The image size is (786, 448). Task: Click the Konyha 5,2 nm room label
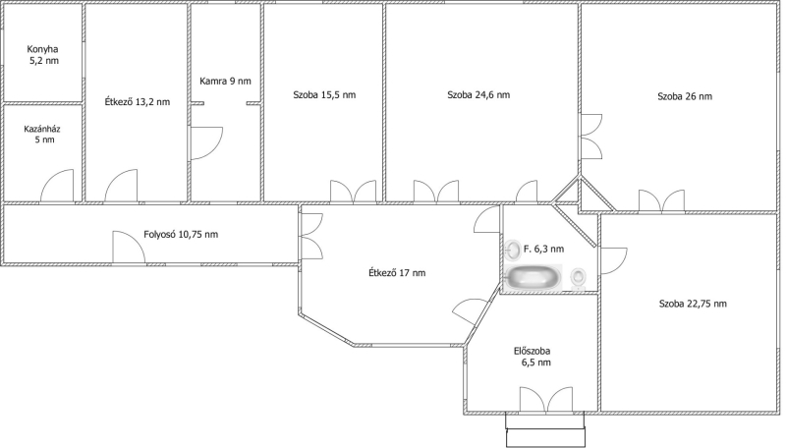(42, 55)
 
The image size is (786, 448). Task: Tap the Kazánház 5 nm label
(42, 134)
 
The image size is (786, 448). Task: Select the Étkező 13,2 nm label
(137, 102)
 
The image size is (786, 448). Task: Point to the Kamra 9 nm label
(225, 81)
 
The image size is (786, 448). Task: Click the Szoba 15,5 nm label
(324, 94)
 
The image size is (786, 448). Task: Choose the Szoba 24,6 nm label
(478, 94)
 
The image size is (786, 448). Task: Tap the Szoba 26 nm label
(685, 96)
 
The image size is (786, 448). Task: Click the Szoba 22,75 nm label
(693, 304)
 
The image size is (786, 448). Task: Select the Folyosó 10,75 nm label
(181, 234)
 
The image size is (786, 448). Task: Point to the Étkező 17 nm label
(397, 272)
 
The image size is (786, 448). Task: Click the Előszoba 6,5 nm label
(533, 357)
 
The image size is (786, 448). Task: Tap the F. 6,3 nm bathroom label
(544, 249)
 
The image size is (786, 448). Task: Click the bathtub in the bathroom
(533, 277)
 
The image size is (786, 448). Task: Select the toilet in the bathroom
(579, 278)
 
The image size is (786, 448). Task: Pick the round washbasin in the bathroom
(513, 250)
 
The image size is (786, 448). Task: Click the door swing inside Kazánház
(57, 186)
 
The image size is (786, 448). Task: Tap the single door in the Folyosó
(129, 247)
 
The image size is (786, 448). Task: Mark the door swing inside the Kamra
(206, 143)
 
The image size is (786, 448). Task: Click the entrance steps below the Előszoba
(545, 429)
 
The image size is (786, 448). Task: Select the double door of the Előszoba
(546, 400)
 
